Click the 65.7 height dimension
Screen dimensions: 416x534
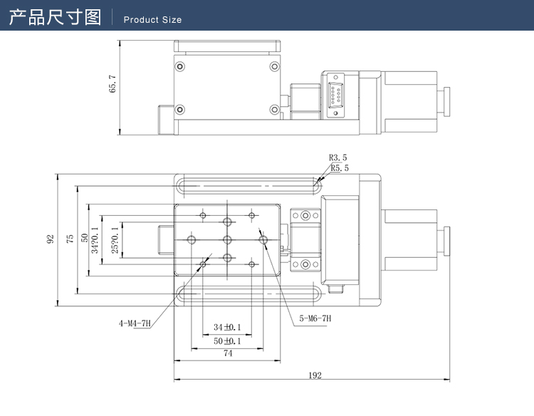coord(112,85)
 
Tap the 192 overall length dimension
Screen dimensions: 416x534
coord(315,375)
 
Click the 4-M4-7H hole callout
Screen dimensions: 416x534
coord(135,323)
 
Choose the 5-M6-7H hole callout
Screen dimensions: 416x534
coord(315,318)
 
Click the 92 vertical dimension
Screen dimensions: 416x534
coord(51,239)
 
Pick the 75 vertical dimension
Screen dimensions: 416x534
coord(70,239)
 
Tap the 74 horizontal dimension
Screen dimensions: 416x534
coord(228,353)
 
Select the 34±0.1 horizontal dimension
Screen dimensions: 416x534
coord(227,328)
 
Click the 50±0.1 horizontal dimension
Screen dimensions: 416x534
coord(227,341)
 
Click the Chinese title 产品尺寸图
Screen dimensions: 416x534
coord(54,18)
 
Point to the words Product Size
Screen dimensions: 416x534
coord(152,20)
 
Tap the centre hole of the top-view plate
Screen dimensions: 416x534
coord(227,240)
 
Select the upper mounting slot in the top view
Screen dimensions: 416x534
coord(249,185)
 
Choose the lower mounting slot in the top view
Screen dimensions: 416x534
coord(249,293)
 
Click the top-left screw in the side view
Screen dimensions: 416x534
coord(180,67)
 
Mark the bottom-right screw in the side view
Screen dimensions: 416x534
coord(275,109)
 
